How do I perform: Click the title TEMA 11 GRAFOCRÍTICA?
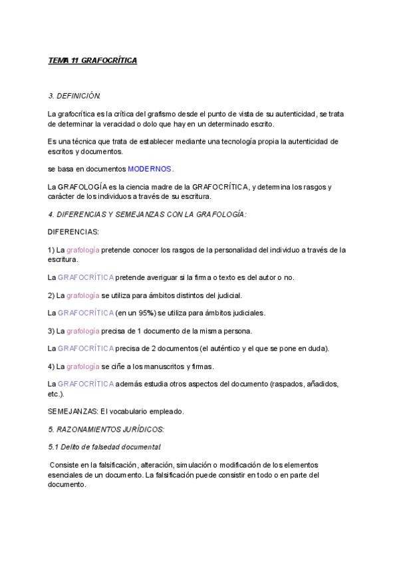click(92, 61)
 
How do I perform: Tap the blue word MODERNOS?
click(150, 169)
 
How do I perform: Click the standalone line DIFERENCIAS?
click(73, 232)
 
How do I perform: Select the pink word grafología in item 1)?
click(82, 250)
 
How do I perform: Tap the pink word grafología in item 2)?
click(82, 295)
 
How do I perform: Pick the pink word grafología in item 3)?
click(82, 331)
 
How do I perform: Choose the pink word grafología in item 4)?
click(82, 366)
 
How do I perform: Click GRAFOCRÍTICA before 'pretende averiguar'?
click(85, 277)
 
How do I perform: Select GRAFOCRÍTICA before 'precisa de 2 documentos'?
click(85, 349)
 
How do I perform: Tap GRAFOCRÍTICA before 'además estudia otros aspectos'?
click(85, 384)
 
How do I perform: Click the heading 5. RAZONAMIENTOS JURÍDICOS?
click(106, 430)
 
